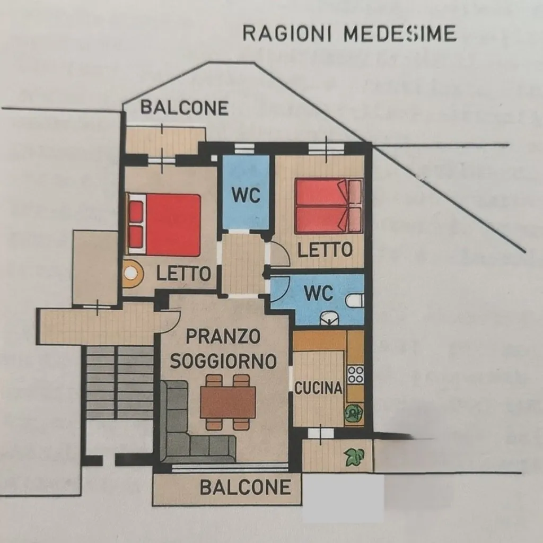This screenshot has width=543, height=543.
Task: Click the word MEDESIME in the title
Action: click(x=400, y=33)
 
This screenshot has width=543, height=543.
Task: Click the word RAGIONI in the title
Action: click(x=287, y=33)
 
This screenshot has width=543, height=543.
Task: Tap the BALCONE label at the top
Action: click(x=185, y=108)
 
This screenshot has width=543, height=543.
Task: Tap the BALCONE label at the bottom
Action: click(x=245, y=487)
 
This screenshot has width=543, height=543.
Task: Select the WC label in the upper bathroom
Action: click(x=246, y=195)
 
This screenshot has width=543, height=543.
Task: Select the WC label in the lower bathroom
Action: click(x=319, y=293)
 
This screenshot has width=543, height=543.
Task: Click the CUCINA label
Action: click(x=318, y=388)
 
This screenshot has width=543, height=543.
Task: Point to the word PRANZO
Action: click(x=223, y=336)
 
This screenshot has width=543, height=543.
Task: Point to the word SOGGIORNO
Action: click(x=223, y=361)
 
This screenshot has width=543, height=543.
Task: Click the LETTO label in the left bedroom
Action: click(x=183, y=274)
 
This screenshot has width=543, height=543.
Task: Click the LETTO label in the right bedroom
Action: click(x=325, y=249)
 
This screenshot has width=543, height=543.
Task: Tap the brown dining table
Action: click(x=228, y=402)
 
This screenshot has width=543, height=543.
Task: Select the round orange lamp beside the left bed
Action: click(x=132, y=273)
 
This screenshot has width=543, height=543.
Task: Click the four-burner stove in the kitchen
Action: click(x=356, y=375)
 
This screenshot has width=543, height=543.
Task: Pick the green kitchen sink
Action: click(x=354, y=413)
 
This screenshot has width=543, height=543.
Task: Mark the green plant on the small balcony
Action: click(x=354, y=457)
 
